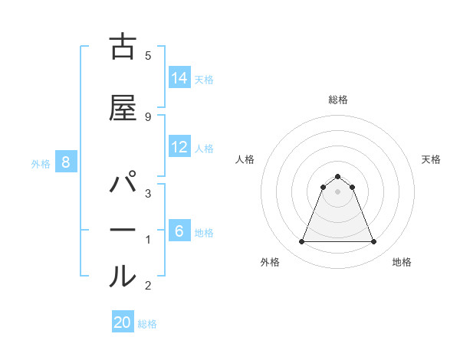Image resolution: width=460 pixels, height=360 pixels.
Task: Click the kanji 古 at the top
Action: pyautogui.click(x=123, y=47)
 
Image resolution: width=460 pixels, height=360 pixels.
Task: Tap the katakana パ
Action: pyautogui.click(x=123, y=188)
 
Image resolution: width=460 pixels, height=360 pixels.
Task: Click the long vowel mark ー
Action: pyautogui.click(x=123, y=230)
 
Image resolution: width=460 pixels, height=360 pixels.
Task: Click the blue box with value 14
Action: pyautogui.click(x=179, y=77)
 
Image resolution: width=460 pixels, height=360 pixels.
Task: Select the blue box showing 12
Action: pyautogui.click(x=179, y=147)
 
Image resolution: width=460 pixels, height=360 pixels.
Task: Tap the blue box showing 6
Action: pyautogui.click(x=179, y=231)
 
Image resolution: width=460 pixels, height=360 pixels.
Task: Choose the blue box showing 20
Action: pyautogui.click(x=123, y=322)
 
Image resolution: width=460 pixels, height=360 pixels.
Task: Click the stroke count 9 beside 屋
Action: pyautogui.click(x=147, y=116)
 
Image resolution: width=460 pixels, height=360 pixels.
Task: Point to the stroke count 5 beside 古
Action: pyautogui.click(x=147, y=55)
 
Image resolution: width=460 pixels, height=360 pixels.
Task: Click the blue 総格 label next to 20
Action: pyautogui.click(x=147, y=324)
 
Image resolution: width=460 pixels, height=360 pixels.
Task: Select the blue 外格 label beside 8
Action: pyautogui.click(x=41, y=163)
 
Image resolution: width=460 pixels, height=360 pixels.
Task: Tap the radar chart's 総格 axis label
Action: pyautogui.click(x=337, y=100)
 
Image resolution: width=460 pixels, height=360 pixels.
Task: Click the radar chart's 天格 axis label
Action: pyautogui.click(x=431, y=159)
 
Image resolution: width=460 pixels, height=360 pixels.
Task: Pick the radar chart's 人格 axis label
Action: pyautogui.click(x=245, y=159)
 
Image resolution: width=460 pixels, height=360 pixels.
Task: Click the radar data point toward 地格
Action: pyautogui.click(x=373, y=242)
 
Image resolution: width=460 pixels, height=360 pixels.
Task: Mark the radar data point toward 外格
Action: pyautogui.click(x=301, y=242)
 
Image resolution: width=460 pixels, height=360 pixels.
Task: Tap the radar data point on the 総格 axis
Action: pyautogui.click(x=337, y=176)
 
